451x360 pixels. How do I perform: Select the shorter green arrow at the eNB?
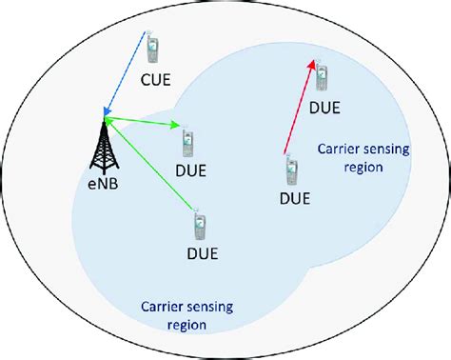143,122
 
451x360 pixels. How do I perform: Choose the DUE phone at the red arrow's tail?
291,171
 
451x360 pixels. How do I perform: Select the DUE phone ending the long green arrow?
199,225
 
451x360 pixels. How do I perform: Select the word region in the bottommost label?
186,325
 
